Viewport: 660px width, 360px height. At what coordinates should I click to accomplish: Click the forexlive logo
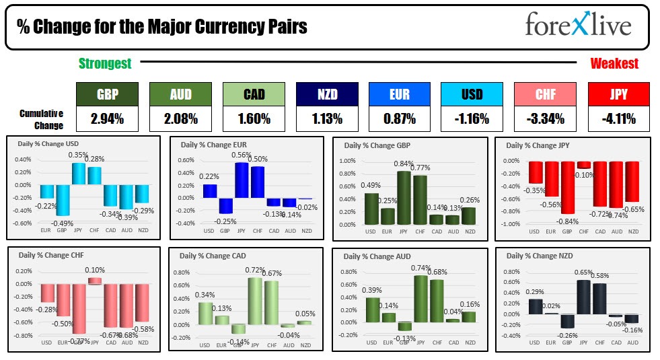tap(578, 26)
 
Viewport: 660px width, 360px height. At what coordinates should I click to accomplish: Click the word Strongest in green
tap(105, 64)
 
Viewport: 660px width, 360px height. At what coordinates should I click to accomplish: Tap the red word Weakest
tap(614, 64)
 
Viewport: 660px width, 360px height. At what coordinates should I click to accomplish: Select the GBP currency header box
tap(107, 94)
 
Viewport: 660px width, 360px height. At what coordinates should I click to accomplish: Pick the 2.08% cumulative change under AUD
tap(180, 119)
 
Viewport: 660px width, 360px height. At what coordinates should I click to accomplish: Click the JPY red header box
tap(618, 94)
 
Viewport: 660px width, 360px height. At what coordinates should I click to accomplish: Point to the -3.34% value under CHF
tap(544, 119)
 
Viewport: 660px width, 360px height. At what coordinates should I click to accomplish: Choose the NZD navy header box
tap(326, 94)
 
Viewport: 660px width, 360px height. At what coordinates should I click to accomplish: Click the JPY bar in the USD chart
tap(78, 174)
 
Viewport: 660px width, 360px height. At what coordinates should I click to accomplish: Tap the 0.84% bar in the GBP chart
tap(404, 198)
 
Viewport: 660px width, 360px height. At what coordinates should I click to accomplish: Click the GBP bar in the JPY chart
tap(567, 187)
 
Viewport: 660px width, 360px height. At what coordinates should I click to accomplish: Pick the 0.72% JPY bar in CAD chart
tap(255, 301)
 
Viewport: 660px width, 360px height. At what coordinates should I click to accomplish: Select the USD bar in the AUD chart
tap(372, 309)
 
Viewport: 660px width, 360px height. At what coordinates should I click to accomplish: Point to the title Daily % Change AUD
tap(377, 256)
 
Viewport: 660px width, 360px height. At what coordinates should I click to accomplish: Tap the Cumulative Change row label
tap(41, 119)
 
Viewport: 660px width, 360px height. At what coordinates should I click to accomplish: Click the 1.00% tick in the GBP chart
tap(346, 161)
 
